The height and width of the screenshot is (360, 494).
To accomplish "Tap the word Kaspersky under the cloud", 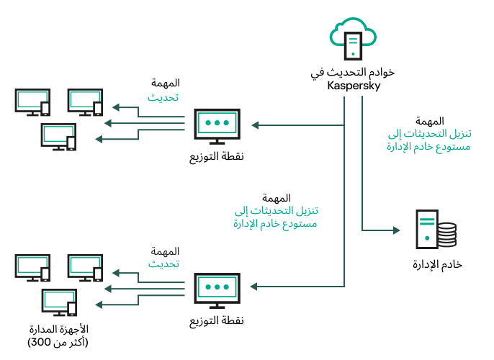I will pos(354,86).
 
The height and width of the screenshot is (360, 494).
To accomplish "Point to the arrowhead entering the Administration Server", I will pos(395,231).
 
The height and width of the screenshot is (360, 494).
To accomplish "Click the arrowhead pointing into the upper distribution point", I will pos(254,124).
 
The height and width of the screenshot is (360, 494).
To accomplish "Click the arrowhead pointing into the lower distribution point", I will pos(254,286).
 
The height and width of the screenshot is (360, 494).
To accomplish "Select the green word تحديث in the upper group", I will pos(163,97).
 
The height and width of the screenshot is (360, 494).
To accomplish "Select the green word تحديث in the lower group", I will pos(163,264).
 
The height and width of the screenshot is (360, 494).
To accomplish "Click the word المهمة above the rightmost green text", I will pos(429,121).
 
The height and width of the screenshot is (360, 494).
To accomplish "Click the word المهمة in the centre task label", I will pos(277,198).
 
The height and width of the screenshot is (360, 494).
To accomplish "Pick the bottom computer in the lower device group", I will pos(59,302).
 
